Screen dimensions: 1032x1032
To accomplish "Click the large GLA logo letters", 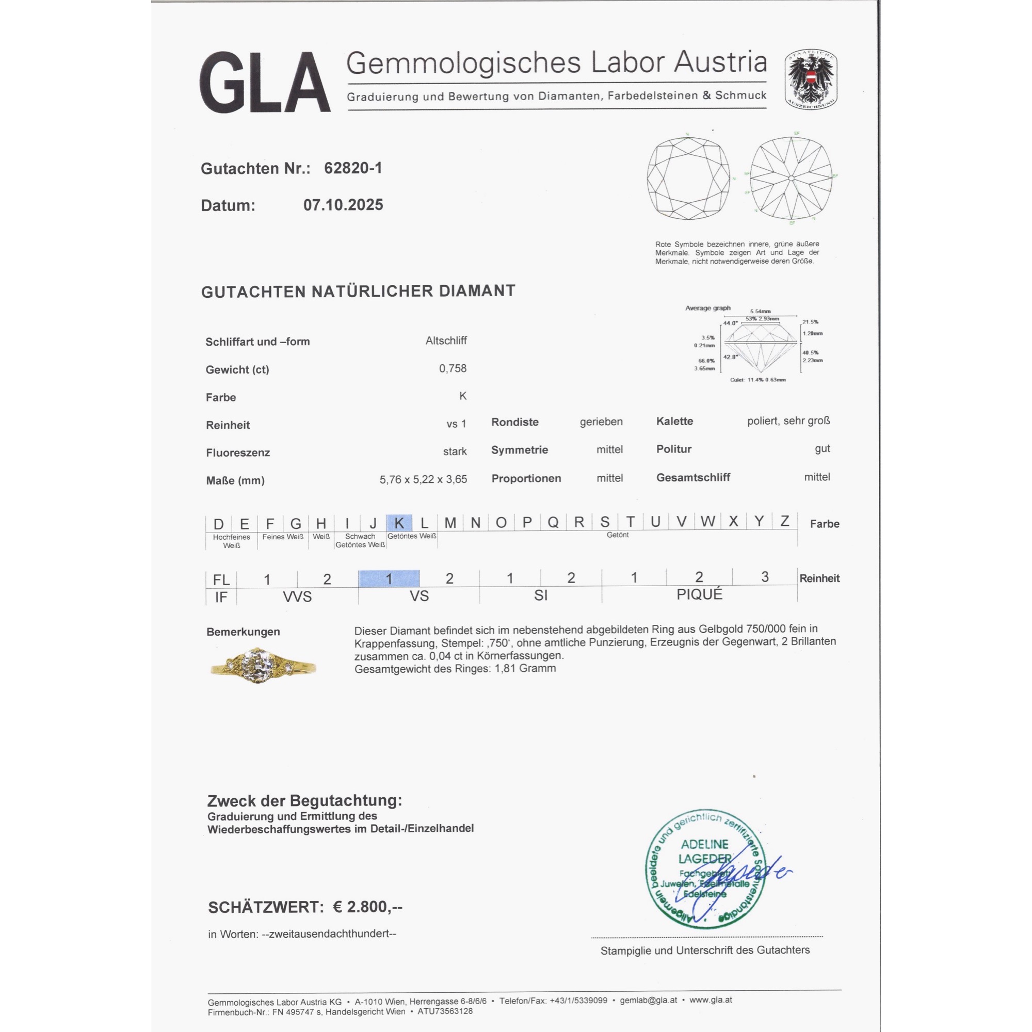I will coord(265,82).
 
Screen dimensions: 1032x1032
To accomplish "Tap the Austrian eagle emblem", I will coord(810,80).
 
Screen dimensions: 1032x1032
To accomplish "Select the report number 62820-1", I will coord(353,168).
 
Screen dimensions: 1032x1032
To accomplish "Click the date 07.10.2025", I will coord(343,205).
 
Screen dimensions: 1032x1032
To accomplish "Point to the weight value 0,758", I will coord(453,368).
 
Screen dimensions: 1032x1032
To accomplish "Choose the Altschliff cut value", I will coord(446,341).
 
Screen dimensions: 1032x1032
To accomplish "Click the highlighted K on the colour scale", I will coord(399,522).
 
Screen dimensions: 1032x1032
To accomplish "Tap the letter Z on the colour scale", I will coord(784,521).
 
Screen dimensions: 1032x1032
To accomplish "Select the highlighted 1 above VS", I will coord(389,578).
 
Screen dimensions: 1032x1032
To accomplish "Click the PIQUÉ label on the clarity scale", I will coord(699,594).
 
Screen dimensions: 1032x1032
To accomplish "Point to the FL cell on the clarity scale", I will coord(221,579).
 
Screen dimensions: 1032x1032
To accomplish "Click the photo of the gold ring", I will coord(262,666).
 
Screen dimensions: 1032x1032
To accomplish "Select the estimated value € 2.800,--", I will coord(367,907).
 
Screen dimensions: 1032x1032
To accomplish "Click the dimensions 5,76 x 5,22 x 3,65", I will coord(423,480).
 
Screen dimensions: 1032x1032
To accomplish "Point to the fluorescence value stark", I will coord(455,452).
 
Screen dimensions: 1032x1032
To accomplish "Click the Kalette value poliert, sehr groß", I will coord(788,421).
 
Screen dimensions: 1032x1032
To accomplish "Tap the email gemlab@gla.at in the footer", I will coord(649,1000).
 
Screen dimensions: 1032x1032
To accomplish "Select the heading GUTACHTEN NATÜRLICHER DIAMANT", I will coord(358,292).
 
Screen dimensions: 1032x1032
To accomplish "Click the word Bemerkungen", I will coord(243,632).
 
